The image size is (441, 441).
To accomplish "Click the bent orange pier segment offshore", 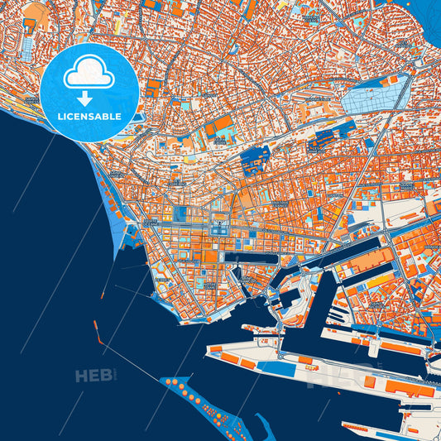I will tap(98, 332).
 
